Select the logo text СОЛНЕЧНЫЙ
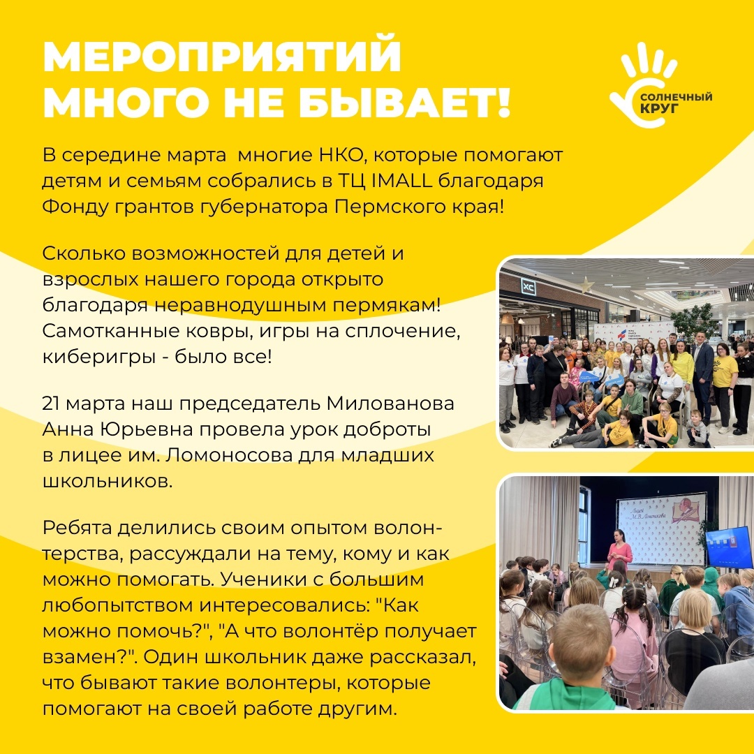click(677, 98)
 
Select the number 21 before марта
click(51, 404)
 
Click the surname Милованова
click(390, 404)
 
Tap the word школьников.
click(108, 481)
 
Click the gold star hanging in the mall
click(586, 284)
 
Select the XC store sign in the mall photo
click(528, 288)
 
